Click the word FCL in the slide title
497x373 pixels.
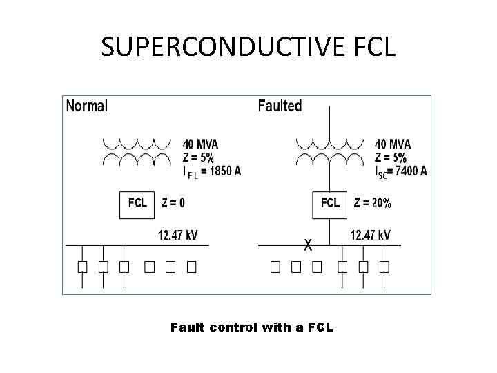pyautogui.click(x=373, y=46)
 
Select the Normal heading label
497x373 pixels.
pyautogui.click(x=86, y=106)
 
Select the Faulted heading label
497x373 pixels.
pyautogui.click(x=280, y=106)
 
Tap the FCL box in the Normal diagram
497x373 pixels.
pyautogui.click(x=138, y=204)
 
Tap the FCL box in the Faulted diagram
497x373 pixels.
pyautogui.click(x=331, y=204)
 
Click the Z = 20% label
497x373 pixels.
pyautogui.click(x=372, y=203)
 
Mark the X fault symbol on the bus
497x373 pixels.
pyautogui.click(x=309, y=245)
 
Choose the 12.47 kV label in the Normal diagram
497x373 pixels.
pyautogui.click(x=177, y=236)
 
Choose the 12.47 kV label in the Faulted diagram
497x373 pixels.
pyautogui.click(x=370, y=236)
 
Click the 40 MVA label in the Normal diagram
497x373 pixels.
pyautogui.click(x=200, y=144)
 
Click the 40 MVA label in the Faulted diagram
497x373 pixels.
pyautogui.click(x=392, y=144)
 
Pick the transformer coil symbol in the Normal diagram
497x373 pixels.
pyautogui.click(x=137, y=153)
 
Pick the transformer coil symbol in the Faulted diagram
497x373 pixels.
pyautogui.click(x=329, y=153)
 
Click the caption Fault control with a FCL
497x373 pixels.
pyautogui.click(x=251, y=327)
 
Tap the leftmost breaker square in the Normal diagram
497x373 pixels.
pyautogui.click(x=81, y=266)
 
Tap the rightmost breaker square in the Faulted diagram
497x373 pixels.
pyautogui.click(x=384, y=266)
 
